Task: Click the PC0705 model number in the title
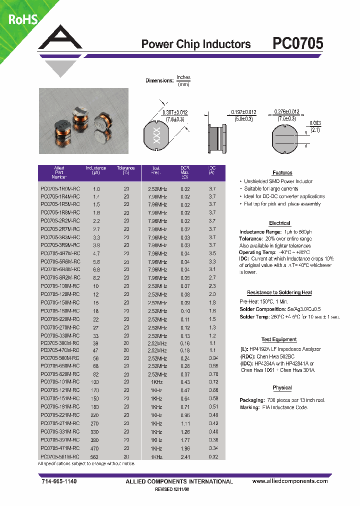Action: (297, 44)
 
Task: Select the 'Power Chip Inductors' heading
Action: (196, 44)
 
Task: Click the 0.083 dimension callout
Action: (315, 123)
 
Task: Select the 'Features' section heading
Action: (282, 173)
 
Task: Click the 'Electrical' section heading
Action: (279, 223)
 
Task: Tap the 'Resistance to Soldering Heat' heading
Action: (279, 292)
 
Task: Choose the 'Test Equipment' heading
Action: (278, 339)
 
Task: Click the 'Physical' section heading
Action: (282, 388)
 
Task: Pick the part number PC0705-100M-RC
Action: (59, 285)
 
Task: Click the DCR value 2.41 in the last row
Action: (185, 457)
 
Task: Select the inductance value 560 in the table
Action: (96, 457)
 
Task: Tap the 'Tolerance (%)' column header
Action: (126, 170)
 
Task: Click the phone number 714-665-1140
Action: (58, 481)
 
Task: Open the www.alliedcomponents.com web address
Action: (290, 481)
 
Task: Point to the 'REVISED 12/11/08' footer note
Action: (179, 489)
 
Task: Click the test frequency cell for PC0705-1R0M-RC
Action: (157, 189)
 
